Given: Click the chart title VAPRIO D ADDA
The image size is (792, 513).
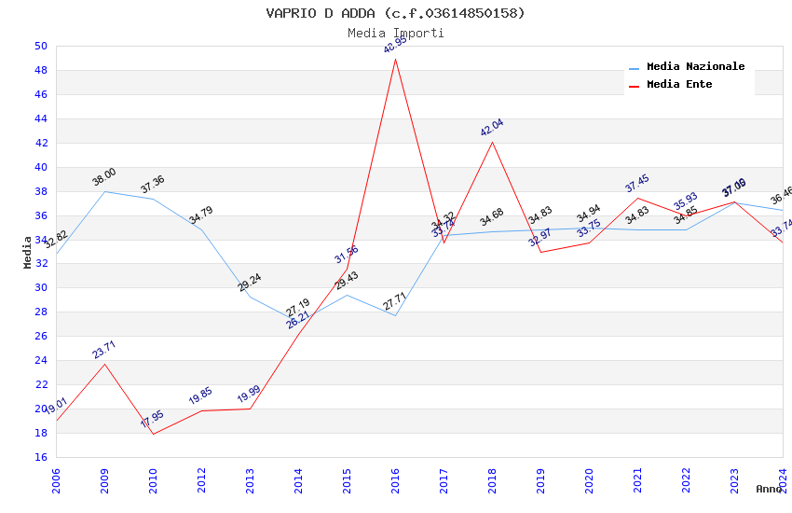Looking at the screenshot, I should pos(395,13).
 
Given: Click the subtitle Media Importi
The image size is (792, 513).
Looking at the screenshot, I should pos(395,33).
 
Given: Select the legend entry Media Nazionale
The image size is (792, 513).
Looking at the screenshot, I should pos(695,66).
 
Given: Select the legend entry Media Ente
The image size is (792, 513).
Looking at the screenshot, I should pos(679,84).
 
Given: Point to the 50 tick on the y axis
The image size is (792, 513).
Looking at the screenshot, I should pos(41,46).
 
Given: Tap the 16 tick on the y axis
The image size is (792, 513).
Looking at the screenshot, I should pos(41,457).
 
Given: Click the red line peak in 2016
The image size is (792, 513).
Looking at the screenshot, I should pos(395,59).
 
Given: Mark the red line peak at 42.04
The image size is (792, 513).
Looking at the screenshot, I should pos(492,142).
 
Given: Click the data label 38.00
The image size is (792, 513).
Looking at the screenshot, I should pos(104,176).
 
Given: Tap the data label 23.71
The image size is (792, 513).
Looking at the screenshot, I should pos(104,350).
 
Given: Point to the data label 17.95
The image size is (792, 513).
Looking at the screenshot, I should pos(152,419).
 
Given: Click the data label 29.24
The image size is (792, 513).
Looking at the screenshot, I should pos(250,283).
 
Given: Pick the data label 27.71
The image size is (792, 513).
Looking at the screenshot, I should pos(395,301).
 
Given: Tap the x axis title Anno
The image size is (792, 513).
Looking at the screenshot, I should pos(769,489).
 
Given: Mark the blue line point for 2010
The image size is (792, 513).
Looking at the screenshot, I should pos(153,199).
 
